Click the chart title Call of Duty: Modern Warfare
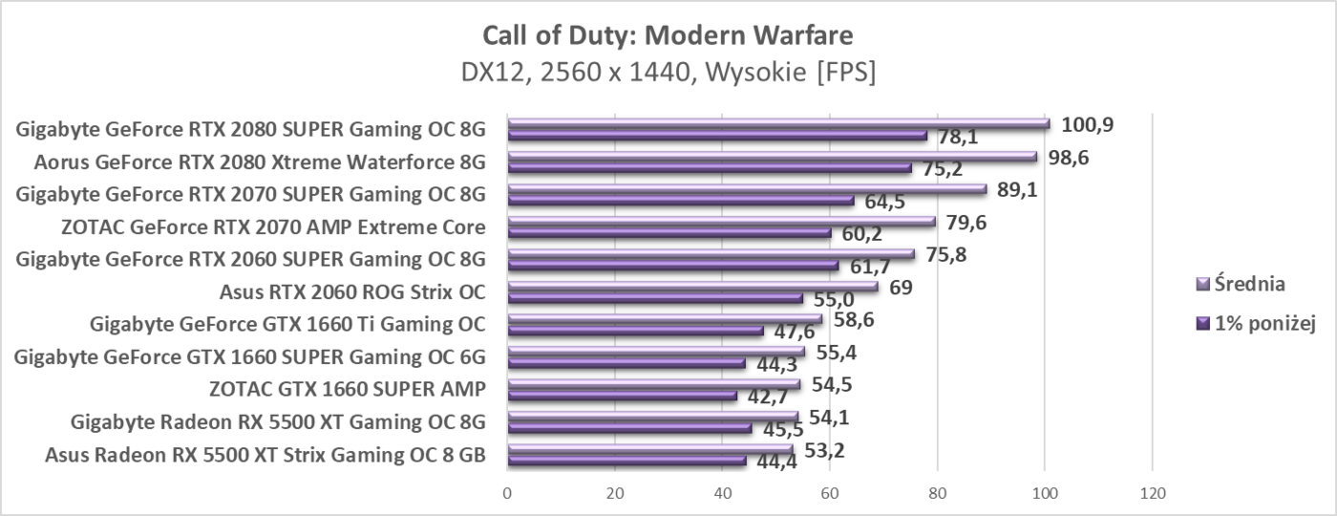[x=668, y=35]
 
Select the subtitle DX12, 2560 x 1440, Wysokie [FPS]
[x=668, y=72]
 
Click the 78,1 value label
[x=958, y=139]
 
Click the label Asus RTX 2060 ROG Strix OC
[x=352, y=291]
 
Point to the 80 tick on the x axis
[x=937, y=494]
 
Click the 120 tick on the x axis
[x=1152, y=494]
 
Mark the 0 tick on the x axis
[x=507, y=494]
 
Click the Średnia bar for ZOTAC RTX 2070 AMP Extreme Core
[x=721, y=221]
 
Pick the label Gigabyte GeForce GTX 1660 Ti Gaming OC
[x=287, y=324]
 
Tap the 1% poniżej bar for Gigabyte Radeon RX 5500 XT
[x=629, y=427]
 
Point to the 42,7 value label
[x=767, y=398]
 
